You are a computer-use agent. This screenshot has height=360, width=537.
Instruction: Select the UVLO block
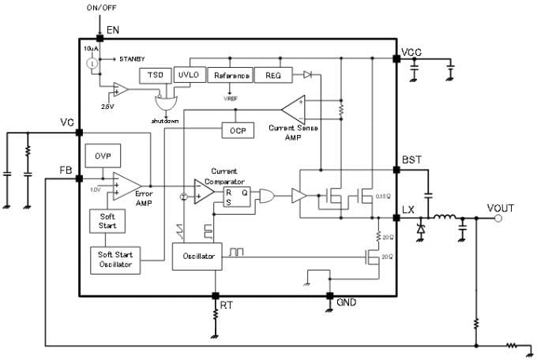coord(187,76)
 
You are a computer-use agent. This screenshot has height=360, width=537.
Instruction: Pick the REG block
coord(272,76)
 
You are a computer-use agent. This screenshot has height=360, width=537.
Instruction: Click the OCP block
coord(237,129)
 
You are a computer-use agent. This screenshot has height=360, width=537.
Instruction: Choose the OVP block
coord(102,156)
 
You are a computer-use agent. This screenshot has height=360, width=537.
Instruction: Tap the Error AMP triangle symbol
coord(125,187)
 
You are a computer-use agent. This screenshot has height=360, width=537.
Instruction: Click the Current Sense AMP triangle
coord(294,109)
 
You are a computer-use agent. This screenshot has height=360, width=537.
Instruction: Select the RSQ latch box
coord(237,197)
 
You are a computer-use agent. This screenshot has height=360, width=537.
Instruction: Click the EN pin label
coord(112,29)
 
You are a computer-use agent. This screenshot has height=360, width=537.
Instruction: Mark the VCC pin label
coord(412,53)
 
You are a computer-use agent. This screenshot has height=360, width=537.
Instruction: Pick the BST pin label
coord(411,160)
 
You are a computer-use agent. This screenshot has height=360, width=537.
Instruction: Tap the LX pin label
coord(408,209)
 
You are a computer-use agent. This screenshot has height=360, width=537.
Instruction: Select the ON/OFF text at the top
coord(100,8)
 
